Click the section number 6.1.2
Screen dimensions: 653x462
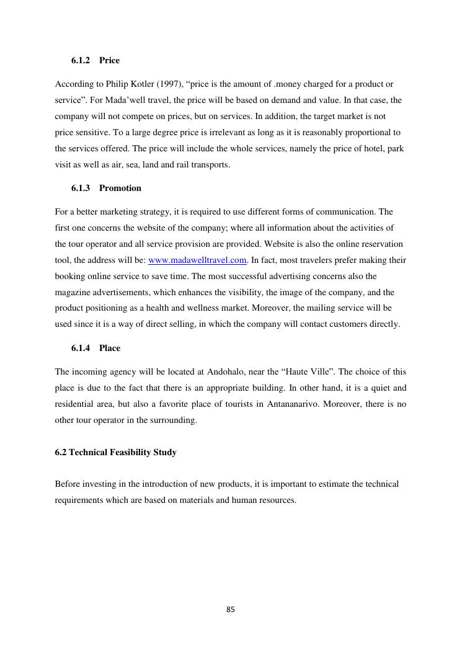point(81,60)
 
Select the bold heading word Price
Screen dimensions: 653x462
point(109,60)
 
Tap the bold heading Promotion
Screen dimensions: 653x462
point(120,188)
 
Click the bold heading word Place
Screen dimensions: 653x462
point(110,348)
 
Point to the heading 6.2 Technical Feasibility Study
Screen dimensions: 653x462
point(115,452)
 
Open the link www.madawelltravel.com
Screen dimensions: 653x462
point(198,260)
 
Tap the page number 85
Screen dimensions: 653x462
point(231,610)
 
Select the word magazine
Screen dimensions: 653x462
point(73,292)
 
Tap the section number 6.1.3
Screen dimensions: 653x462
point(81,188)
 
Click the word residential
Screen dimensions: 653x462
point(76,404)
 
